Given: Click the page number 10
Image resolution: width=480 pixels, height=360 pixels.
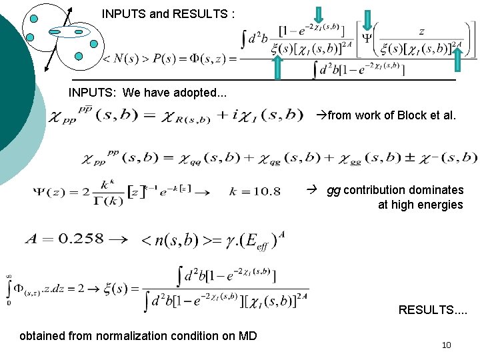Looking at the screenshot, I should [446, 345].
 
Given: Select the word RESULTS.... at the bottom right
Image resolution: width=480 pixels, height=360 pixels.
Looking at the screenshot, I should [433, 309].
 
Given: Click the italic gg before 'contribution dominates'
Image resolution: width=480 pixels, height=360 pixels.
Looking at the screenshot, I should [333, 190].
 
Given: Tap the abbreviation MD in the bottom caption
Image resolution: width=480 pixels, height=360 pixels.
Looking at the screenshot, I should [247, 335].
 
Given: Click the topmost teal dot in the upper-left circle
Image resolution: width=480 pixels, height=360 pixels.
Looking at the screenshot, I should [34, 19].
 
